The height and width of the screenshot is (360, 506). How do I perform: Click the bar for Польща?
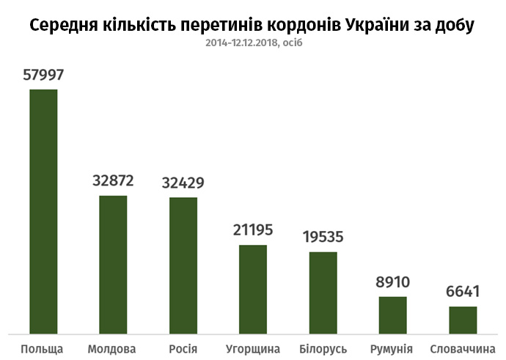point(43,211)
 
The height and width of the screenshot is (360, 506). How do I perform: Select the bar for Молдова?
point(113,264)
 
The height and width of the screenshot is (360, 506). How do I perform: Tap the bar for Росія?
point(183,265)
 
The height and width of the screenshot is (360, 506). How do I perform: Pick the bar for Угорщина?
point(253,289)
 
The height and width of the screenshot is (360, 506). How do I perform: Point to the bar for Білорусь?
point(323,292)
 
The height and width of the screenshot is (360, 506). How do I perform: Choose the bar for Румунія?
point(393,315)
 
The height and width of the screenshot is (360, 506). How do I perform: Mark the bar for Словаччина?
point(463,320)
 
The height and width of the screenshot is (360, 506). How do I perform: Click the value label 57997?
point(43,75)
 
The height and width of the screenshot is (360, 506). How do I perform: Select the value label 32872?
point(113,181)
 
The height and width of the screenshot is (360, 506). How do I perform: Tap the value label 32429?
point(183,183)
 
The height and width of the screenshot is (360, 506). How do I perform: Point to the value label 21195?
point(253,230)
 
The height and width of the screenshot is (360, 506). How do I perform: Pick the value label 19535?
point(323,237)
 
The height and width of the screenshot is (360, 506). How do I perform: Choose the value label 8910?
point(393,282)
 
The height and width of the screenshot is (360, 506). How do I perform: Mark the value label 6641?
point(463,292)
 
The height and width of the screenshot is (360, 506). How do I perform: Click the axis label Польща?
point(43,348)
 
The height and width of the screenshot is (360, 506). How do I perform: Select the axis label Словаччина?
point(463,348)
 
